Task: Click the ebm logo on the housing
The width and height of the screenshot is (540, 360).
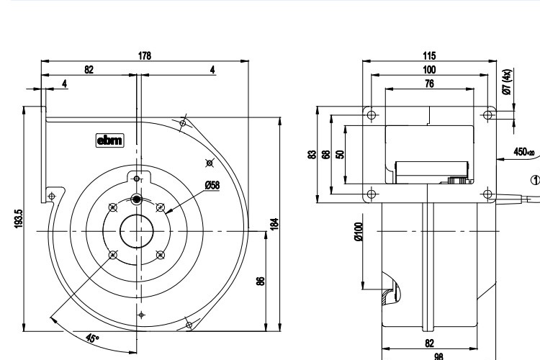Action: click(x=110, y=141)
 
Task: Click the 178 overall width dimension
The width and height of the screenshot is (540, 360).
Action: click(x=144, y=55)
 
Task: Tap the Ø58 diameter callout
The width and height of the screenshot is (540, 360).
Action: click(x=212, y=185)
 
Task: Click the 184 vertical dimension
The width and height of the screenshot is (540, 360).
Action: click(x=274, y=224)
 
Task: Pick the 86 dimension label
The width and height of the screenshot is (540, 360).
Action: click(x=260, y=280)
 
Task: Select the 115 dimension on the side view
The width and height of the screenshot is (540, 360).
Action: click(x=430, y=55)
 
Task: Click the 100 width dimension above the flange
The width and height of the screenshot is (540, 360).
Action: click(x=430, y=70)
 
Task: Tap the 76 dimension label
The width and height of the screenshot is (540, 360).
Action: click(x=429, y=84)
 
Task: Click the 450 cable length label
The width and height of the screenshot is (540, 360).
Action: click(x=523, y=152)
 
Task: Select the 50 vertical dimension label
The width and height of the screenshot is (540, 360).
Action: click(x=339, y=153)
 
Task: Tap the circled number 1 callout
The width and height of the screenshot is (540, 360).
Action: click(x=534, y=179)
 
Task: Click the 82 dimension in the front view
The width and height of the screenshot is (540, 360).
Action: click(x=89, y=70)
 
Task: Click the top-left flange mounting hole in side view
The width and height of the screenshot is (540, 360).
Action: click(x=371, y=114)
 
